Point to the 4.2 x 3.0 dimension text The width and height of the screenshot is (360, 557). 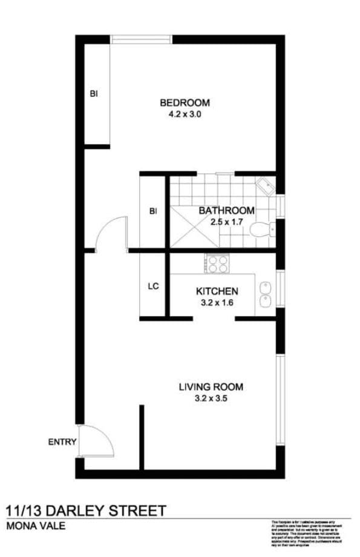[185, 113]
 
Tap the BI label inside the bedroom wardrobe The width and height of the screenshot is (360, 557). [94, 93]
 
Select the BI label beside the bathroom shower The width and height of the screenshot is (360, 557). [153, 211]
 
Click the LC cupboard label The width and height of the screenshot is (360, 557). [153, 286]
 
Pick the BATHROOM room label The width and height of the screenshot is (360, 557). [226, 211]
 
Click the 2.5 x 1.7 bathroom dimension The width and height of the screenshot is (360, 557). [226, 222]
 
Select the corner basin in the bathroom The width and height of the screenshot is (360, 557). [264, 185]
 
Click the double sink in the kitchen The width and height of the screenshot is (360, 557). [265, 294]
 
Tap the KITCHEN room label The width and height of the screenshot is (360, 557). [217, 291]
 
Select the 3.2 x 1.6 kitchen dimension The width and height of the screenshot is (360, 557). [217, 302]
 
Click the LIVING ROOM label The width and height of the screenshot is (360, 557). [211, 386]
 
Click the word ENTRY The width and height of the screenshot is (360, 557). [62, 442]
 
